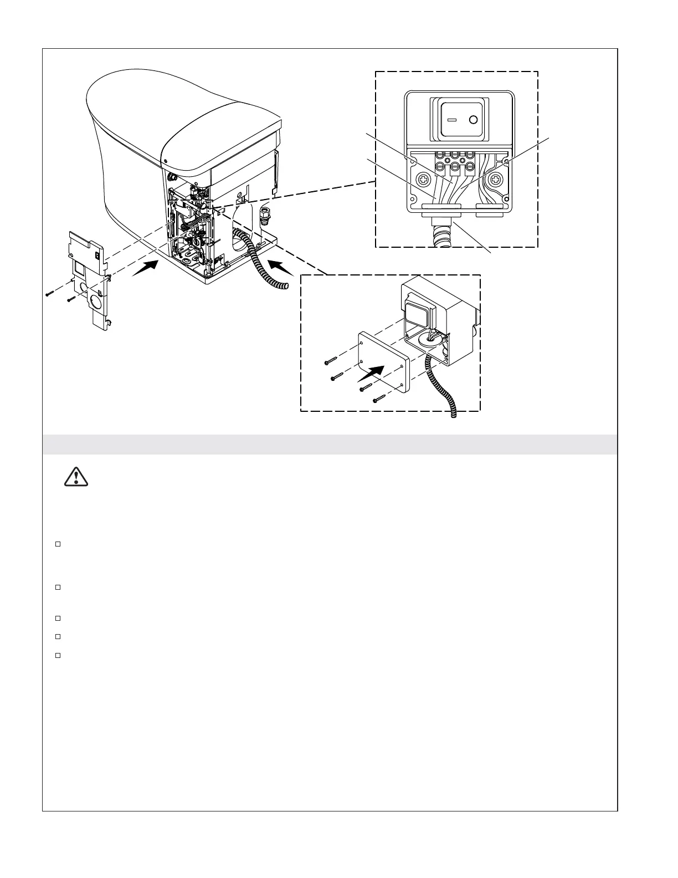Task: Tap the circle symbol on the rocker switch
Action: pos(474,120)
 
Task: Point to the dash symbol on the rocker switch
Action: pos(451,120)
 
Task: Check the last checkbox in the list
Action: pos(57,655)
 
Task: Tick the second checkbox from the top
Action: pos(57,586)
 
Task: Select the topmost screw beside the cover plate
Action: pos(332,361)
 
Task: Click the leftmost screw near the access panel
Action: pos(50,294)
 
